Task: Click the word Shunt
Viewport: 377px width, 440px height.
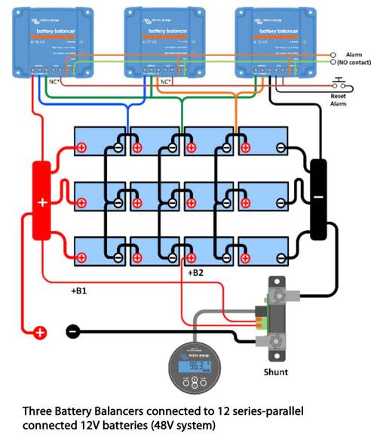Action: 278,372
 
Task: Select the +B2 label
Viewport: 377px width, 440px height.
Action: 194,272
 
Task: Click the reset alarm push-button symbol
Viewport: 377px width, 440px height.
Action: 339,84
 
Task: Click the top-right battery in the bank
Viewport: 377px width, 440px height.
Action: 263,140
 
